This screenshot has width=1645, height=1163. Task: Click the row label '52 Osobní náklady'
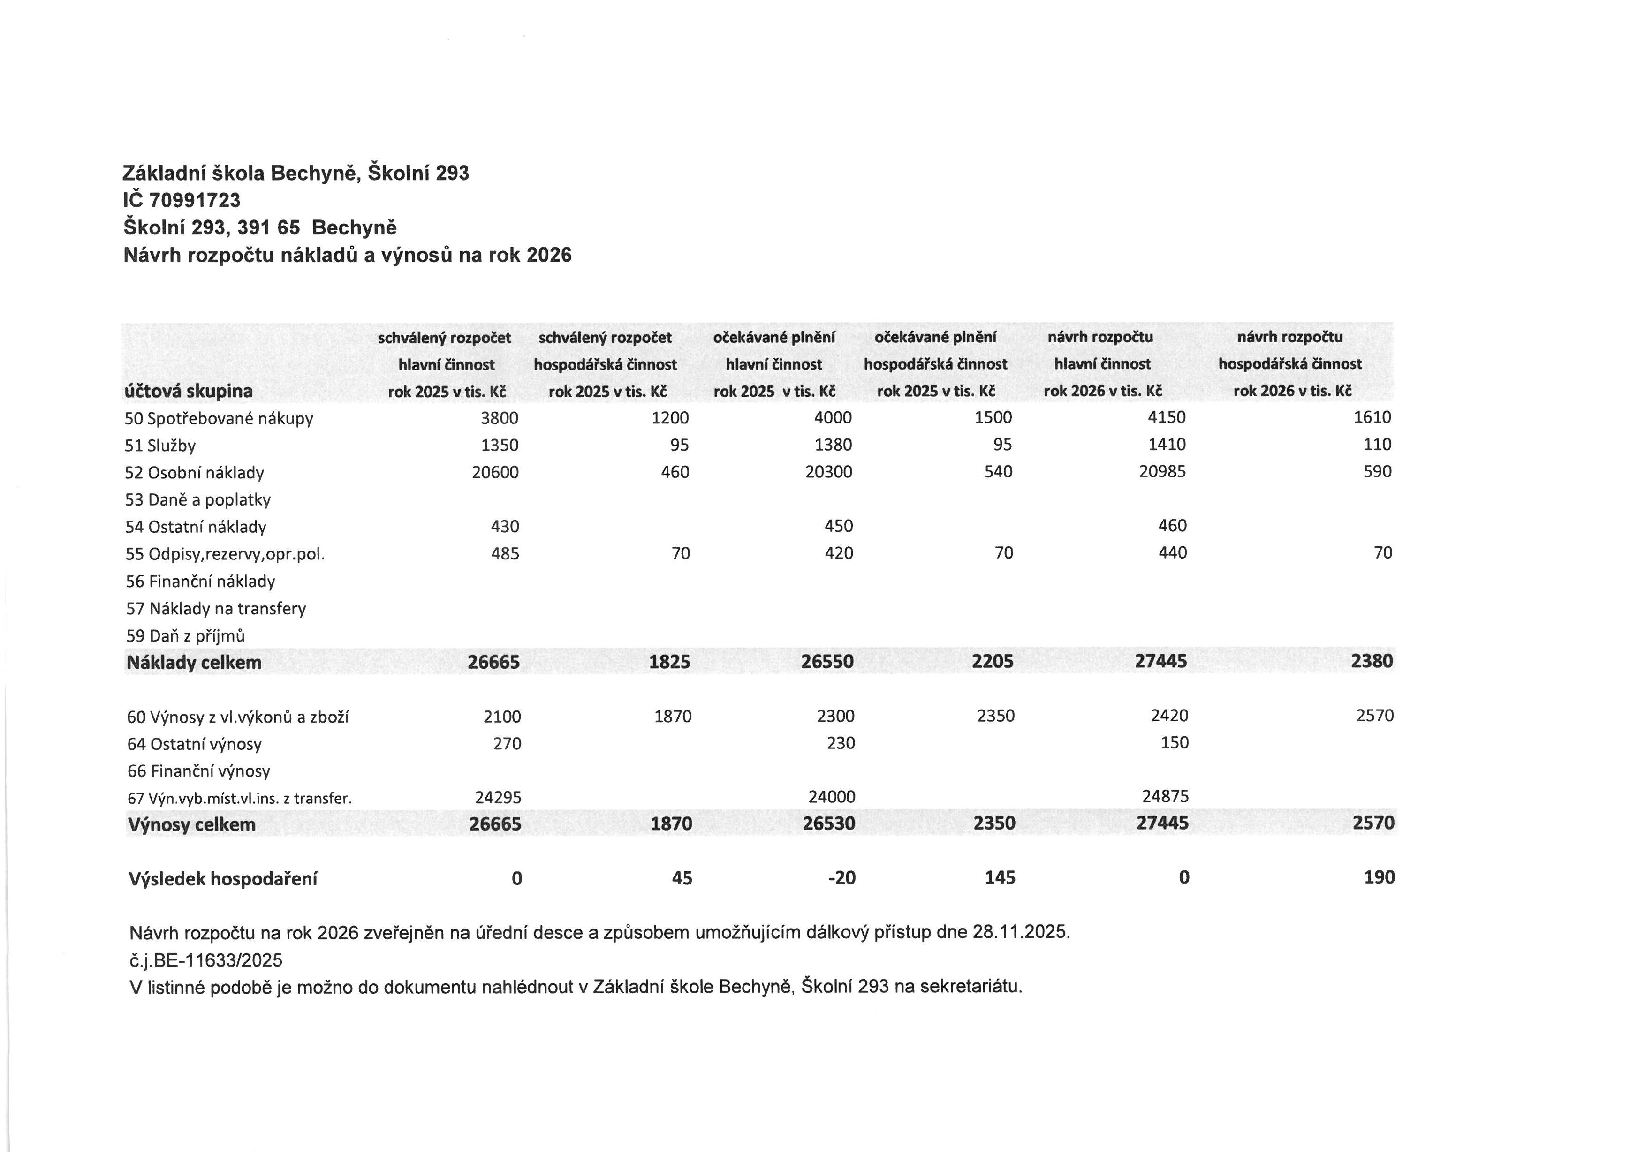click(x=194, y=473)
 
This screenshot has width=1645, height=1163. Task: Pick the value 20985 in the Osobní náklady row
click(x=1162, y=472)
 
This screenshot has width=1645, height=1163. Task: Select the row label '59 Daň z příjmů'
click(x=186, y=636)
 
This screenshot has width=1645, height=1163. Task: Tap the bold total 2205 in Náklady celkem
click(x=993, y=662)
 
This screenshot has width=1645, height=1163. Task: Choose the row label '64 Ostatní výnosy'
click(x=194, y=744)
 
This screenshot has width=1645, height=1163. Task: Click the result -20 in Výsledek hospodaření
click(x=842, y=878)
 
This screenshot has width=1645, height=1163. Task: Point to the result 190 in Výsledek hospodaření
click(x=1379, y=877)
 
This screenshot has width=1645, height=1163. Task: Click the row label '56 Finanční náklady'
click(x=201, y=581)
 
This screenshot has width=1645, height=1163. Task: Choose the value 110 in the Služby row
click(x=1377, y=445)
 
